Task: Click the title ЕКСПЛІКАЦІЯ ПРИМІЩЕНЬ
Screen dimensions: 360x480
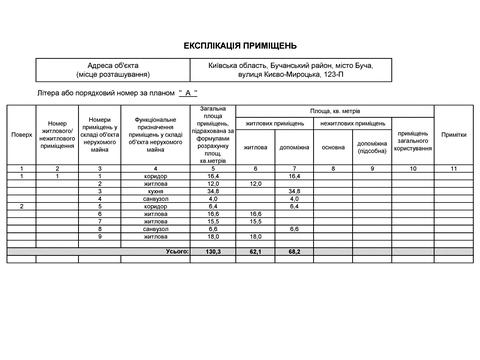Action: click(x=240, y=45)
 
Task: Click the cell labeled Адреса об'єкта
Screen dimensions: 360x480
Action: click(x=113, y=69)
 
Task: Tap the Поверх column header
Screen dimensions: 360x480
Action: click(x=22, y=134)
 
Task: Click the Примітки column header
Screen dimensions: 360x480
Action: click(x=454, y=134)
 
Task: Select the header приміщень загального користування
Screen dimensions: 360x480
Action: click(x=414, y=140)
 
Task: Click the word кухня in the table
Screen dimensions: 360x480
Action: click(x=157, y=191)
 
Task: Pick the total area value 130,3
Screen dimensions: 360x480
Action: click(x=212, y=252)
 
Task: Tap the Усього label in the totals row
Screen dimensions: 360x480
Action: click(x=177, y=252)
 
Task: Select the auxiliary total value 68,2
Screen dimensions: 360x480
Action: click(x=294, y=252)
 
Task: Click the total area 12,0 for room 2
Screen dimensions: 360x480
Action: click(x=212, y=184)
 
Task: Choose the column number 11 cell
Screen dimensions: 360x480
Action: click(x=454, y=169)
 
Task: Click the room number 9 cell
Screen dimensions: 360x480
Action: click(x=101, y=235)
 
